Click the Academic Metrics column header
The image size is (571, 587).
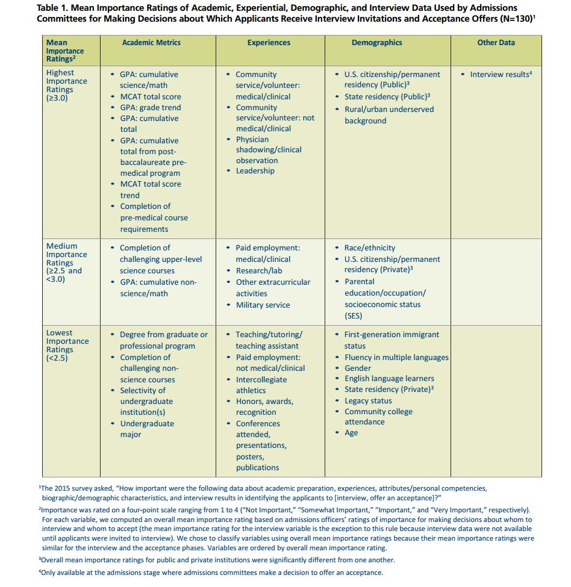click(x=151, y=43)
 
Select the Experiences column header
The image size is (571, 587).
click(x=269, y=43)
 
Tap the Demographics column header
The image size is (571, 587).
click(x=377, y=43)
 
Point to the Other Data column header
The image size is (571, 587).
click(x=496, y=43)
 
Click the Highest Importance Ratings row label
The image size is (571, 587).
click(x=67, y=85)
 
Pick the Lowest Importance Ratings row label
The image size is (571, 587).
click(x=67, y=346)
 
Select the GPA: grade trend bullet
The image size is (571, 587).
click(x=150, y=108)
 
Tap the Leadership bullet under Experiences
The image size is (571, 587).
click(x=255, y=171)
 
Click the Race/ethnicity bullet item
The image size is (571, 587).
click(x=370, y=248)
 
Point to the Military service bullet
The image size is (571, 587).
click(x=263, y=305)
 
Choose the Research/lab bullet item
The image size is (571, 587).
click(x=260, y=271)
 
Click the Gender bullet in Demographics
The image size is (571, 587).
click(x=358, y=368)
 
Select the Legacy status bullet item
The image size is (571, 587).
click(x=368, y=401)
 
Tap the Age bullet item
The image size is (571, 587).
click(x=351, y=433)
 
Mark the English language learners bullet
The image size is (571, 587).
click(x=389, y=379)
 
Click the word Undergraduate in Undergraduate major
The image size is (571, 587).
click(x=147, y=424)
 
